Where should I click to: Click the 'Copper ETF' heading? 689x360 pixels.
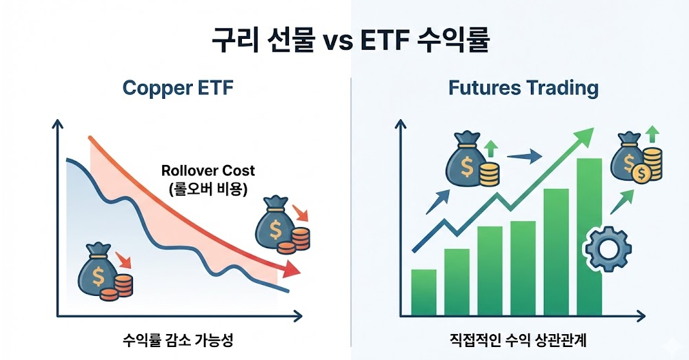point(177,88)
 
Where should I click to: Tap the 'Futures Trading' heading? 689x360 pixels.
point(523,88)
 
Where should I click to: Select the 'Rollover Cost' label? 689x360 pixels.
point(208,170)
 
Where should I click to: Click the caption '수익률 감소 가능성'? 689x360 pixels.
point(178,340)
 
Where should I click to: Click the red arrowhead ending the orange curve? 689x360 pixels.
point(290,269)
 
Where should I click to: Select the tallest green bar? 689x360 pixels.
point(590,237)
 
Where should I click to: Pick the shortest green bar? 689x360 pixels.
point(424,292)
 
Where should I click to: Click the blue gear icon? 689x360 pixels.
point(609,249)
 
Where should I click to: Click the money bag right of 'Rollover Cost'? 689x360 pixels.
point(275,224)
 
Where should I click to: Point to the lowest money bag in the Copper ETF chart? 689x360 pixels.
point(98,270)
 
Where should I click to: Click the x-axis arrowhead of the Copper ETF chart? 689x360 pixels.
point(298,316)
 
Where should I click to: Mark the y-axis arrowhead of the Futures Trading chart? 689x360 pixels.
point(400,124)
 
